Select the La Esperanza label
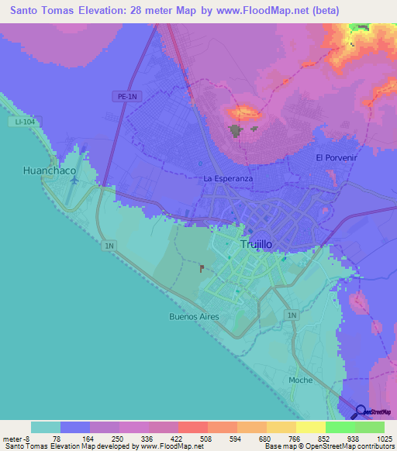(x=229, y=178)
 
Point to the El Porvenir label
(x=334, y=157)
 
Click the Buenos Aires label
(x=194, y=316)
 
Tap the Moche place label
(x=300, y=380)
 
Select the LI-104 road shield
(x=23, y=122)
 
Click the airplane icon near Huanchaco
(x=74, y=181)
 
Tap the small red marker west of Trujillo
(x=202, y=268)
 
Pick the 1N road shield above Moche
(x=291, y=315)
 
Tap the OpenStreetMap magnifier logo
(x=361, y=413)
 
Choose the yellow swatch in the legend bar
(x=310, y=427)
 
